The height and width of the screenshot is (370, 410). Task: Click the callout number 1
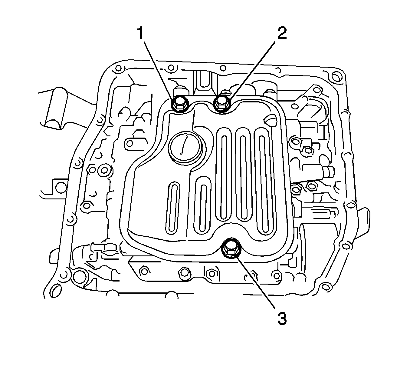tap(140, 33)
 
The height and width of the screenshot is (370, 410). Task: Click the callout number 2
tap(281, 33)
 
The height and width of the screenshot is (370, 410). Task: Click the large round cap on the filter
tap(185, 148)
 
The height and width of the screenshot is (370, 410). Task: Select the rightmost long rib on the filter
tap(262, 179)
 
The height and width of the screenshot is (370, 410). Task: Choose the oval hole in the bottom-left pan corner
tap(56, 291)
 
